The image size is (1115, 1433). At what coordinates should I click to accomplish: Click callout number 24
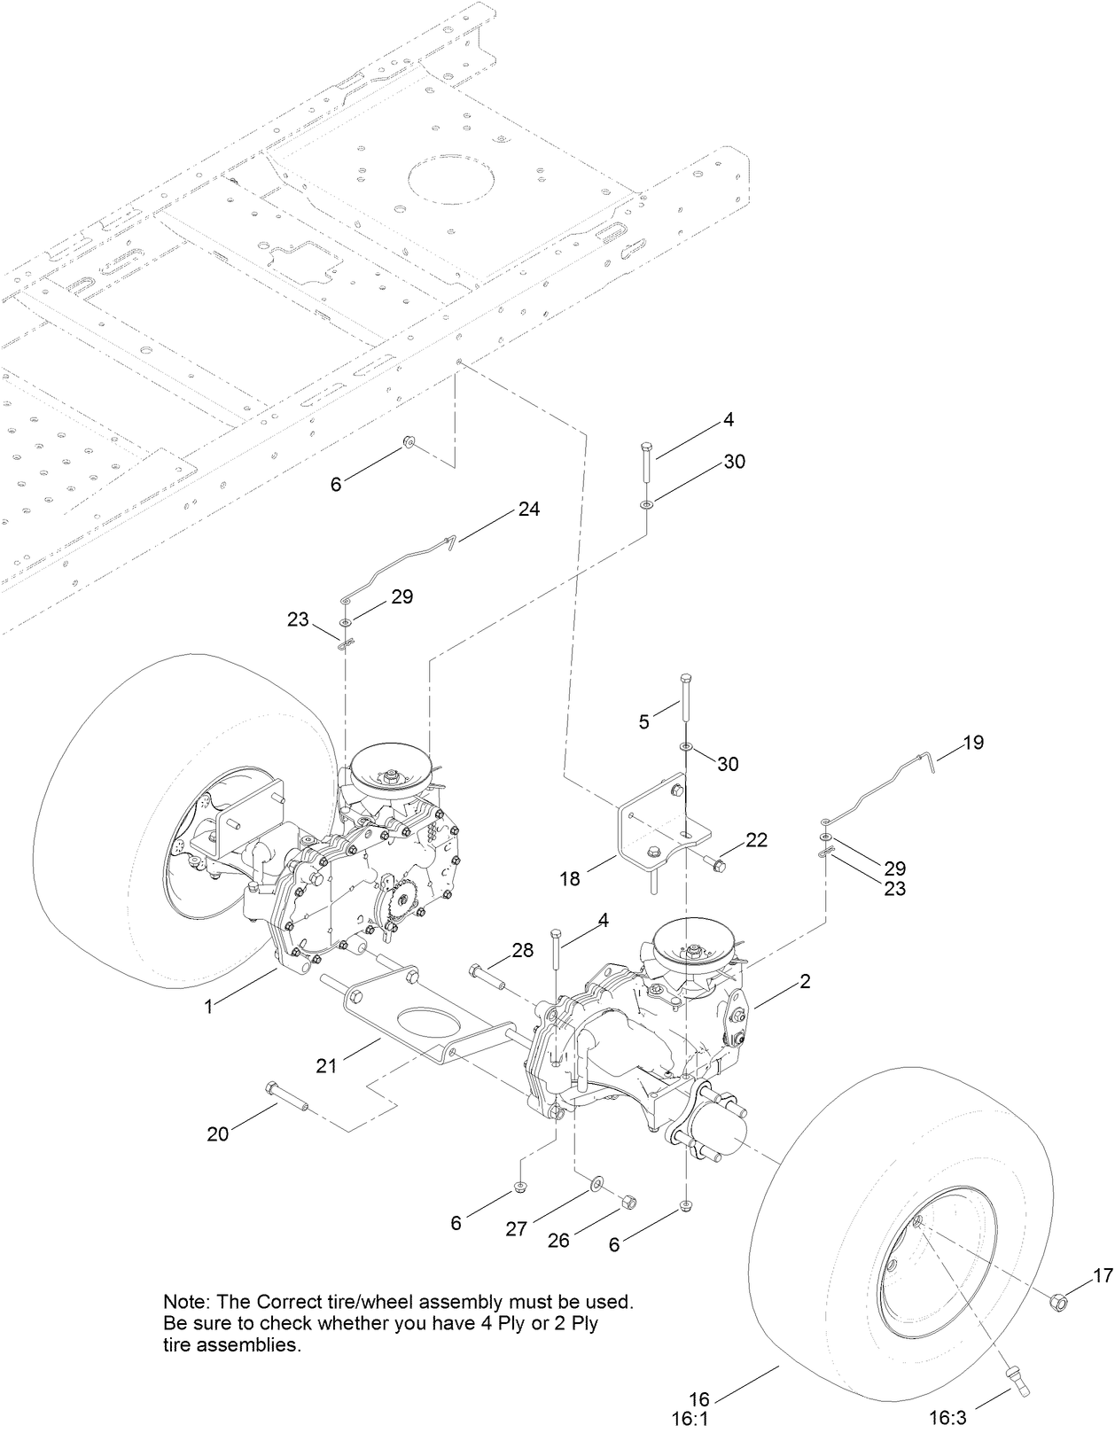tap(529, 510)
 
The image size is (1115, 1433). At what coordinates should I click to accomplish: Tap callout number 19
tap(973, 743)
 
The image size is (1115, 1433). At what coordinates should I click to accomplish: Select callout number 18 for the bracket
tap(569, 878)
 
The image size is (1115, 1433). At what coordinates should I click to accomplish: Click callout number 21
tap(327, 1065)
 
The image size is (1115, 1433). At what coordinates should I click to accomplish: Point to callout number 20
tap(218, 1133)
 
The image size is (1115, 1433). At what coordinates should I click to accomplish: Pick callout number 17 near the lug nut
tap(1102, 1276)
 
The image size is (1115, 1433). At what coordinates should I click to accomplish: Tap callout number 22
tap(756, 838)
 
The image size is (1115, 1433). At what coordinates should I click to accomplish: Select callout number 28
tap(523, 951)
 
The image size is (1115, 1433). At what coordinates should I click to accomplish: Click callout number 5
tap(644, 721)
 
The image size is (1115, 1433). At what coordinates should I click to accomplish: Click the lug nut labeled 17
tap(1057, 1301)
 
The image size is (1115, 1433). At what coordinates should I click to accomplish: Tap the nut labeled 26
tap(627, 1202)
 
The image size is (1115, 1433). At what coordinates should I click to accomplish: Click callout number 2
tap(805, 982)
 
